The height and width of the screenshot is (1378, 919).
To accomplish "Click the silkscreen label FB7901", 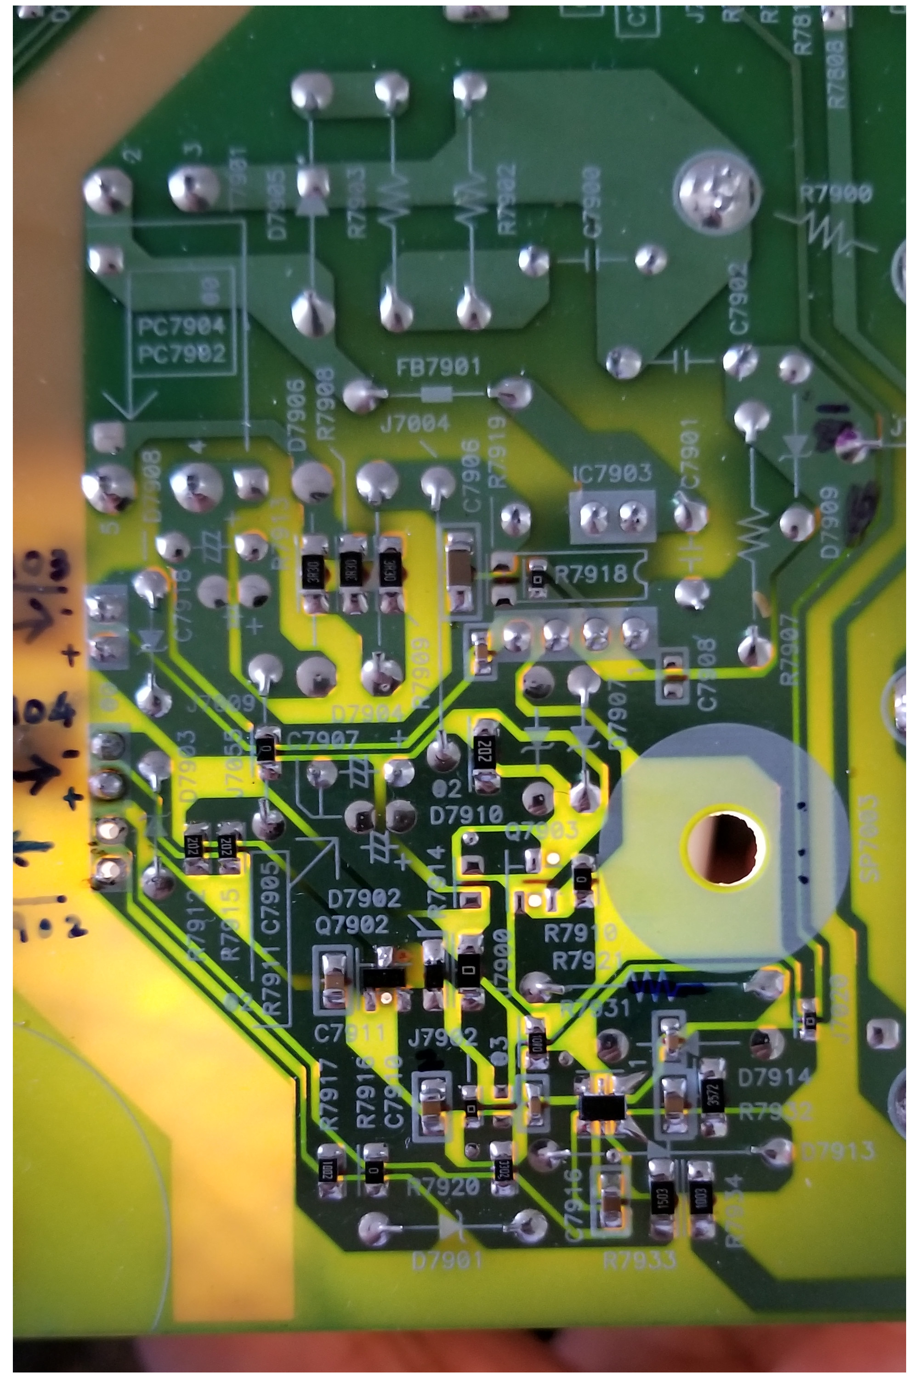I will pos(438,367).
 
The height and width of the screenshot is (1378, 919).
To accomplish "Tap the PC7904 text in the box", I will pos(181,326).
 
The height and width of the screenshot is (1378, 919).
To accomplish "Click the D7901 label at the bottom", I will pos(447,1261).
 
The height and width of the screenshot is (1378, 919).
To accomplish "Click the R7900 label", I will pos(836,194).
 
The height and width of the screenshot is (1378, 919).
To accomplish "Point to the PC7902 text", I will pos(181,354).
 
